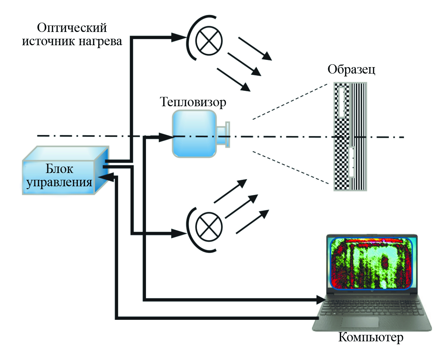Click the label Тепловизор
[x=193, y=102]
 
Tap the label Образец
[x=351, y=69]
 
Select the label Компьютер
[x=371, y=337]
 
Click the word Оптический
[x=72, y=28]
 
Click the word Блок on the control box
[x=59, y=169]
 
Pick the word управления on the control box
[x=59, y=182]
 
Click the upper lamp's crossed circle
[x=209, y=41]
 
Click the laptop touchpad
[x=359, y=322]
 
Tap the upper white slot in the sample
[x=341, y=102]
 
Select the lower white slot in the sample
[x=352, y=162]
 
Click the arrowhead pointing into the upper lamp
[x=179, y=37]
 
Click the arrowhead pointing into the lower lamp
[x=179, y=234]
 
